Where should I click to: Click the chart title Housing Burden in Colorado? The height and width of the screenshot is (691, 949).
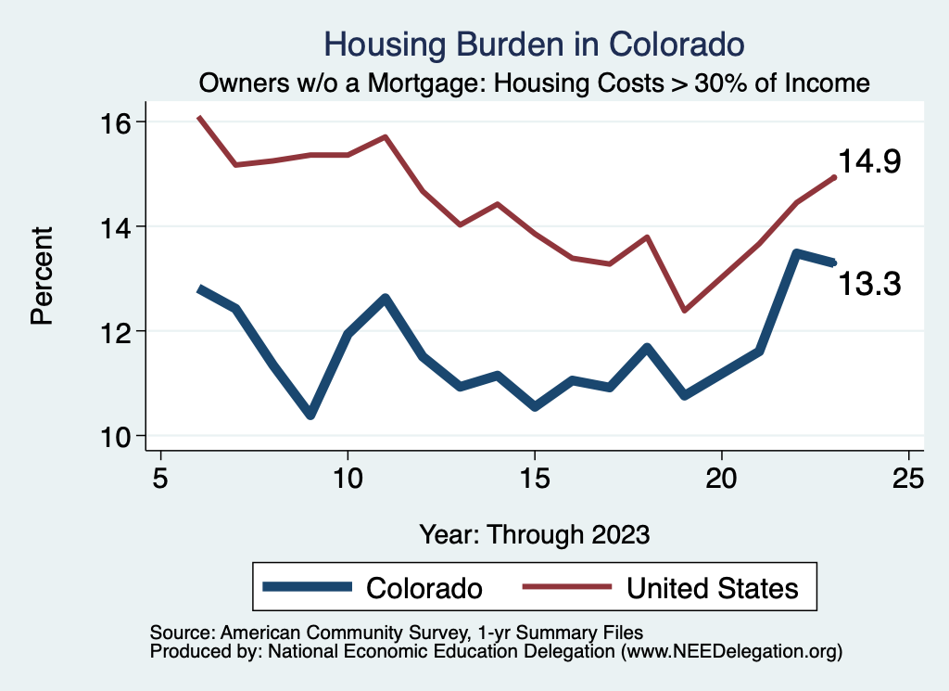(535, 44)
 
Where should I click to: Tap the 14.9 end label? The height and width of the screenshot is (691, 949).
(869, 161)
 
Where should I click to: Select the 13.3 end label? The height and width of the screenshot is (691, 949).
(869, 284)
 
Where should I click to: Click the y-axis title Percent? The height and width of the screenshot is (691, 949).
(42, 279)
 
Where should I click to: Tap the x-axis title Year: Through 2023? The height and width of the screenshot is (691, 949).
(535, 534)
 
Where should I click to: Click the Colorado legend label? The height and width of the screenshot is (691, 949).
(424, 588)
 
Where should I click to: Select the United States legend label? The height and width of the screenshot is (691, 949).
(712, 588)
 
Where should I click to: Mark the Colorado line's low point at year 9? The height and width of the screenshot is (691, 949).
(310, 415)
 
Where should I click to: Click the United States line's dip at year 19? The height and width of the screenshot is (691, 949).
(684, 310)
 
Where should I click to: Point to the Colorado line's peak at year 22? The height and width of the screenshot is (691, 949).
(796, 252)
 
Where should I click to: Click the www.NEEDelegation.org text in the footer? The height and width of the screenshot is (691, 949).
(732, 651)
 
